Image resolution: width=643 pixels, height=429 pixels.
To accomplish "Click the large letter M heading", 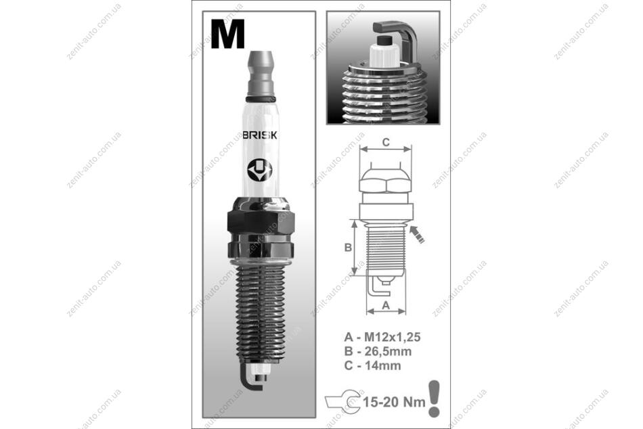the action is coord(227,35).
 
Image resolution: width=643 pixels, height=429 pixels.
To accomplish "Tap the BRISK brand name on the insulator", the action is coord(260,136).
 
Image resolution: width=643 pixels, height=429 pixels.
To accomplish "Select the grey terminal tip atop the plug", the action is coord(261,73).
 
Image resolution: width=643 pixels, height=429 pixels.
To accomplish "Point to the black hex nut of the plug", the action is coord(261,224).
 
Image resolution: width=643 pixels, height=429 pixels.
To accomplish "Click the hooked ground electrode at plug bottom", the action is coord(252,380).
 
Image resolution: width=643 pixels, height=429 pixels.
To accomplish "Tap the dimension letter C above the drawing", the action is coord(386,142).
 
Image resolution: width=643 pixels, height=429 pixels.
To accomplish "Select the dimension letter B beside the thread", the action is coord(348,248).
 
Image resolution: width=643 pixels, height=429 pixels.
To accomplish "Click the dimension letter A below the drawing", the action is coord(386,306).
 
